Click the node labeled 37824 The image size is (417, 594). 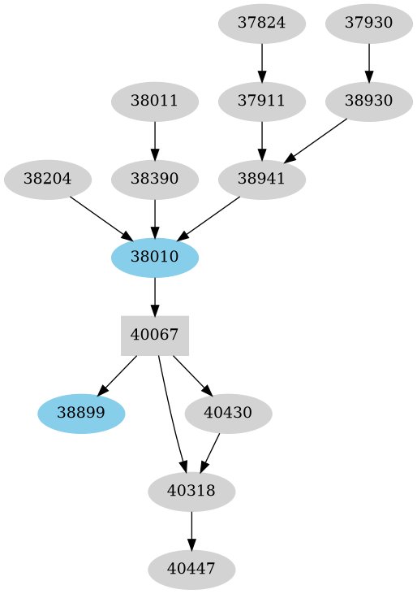click(x=262, y=23)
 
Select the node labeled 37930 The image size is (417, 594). click(x=369, y=23)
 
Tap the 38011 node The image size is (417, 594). click(x=155, y=102)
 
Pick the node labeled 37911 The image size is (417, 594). click(x=262, y=102)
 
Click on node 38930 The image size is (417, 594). click(x=369, y=102)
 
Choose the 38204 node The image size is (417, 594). click(x=48, y=179)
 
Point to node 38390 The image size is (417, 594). click(x=155, y=179)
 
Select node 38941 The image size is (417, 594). click(x=262, y=179)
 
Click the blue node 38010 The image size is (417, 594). click(x=155, y=258)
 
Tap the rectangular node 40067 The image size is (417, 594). click(x=155, y=336)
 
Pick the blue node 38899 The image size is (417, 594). click(x=81, y=414)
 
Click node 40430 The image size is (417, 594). click(x=229, y=414)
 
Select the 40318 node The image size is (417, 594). click(x=192, y=492)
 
